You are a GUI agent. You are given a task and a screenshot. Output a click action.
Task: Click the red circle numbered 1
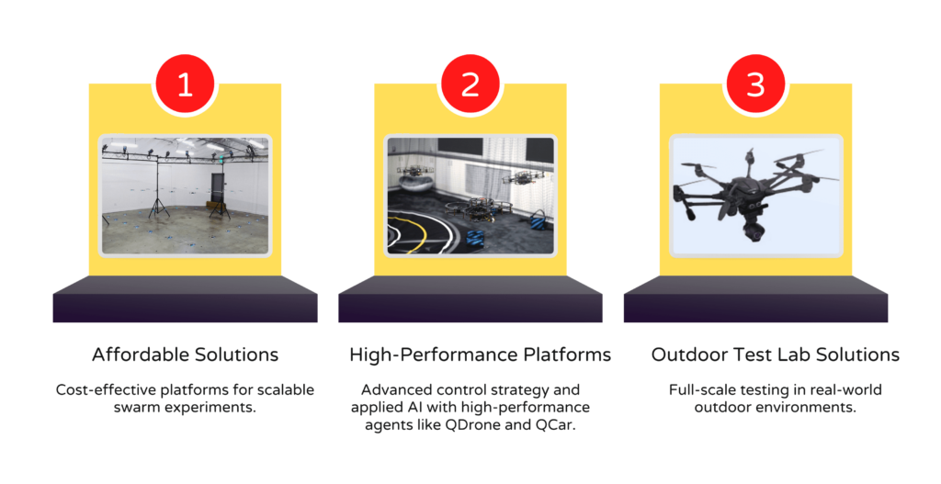point(185,84)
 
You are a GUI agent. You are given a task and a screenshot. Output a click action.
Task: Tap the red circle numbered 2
point(470,84)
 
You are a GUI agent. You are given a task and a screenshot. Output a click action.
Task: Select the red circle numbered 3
point(755,84)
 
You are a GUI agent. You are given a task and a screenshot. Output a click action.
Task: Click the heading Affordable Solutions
point(185,355)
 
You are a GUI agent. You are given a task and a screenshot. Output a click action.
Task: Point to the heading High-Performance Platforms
point(480,355)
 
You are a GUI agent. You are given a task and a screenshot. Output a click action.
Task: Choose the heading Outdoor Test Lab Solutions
point(776,355)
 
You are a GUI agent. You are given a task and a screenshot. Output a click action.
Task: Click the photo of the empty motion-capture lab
point(185,196)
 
